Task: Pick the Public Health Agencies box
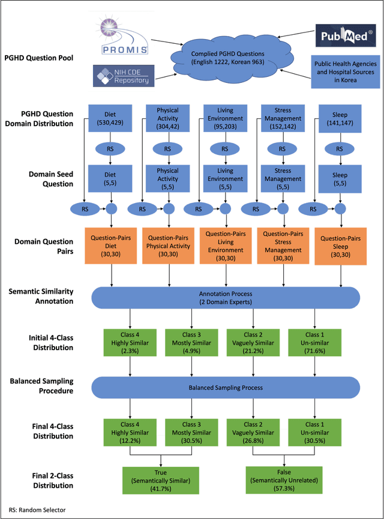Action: (x=344, y=72)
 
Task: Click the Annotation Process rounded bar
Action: (x=226, y=297)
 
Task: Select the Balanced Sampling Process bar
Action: (x=226, y=388)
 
